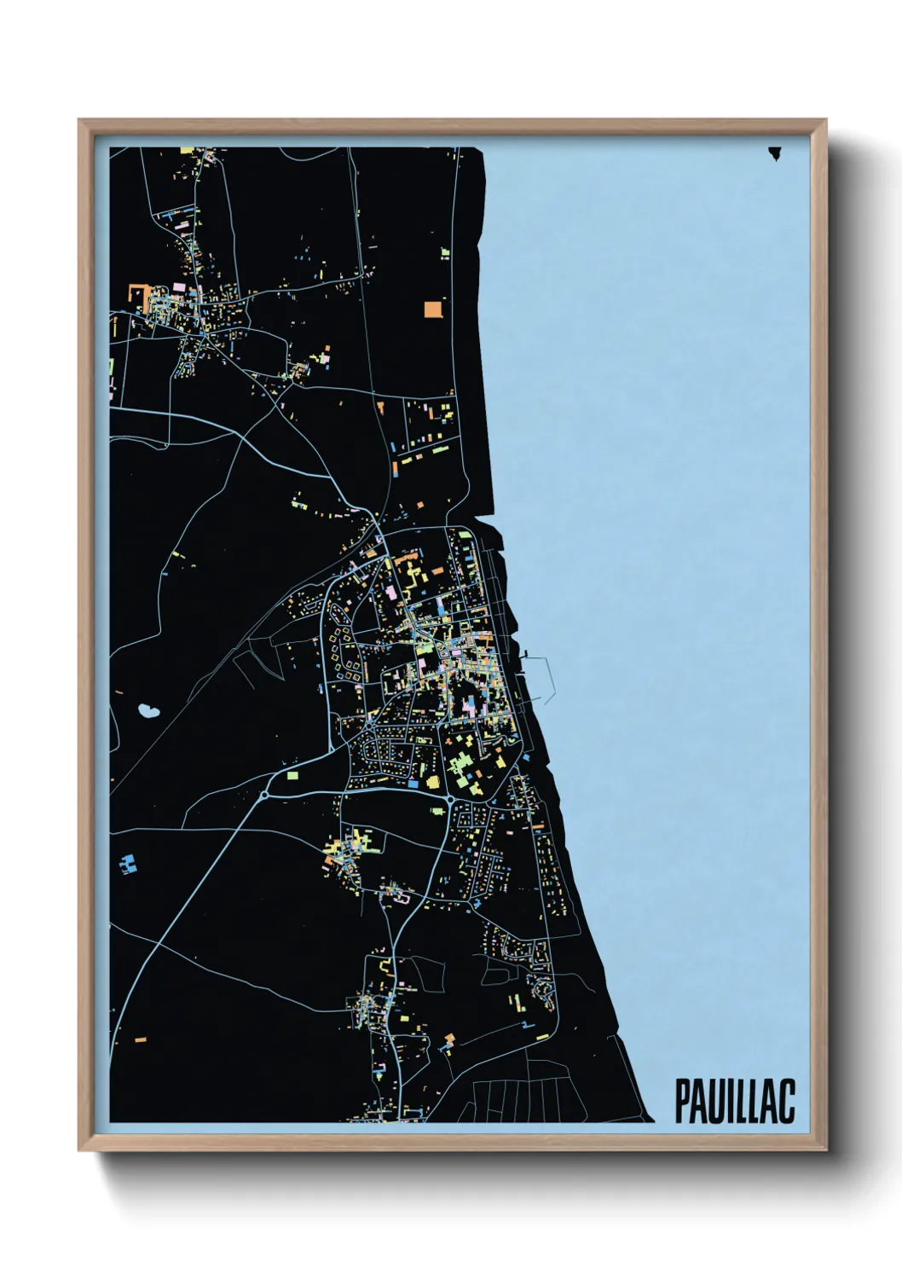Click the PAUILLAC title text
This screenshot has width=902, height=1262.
pos(734,1101)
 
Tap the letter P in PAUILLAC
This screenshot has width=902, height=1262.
pos(682,1101)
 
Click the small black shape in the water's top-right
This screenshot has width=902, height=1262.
pos(774,153)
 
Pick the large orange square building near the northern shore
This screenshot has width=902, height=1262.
pos(433,309)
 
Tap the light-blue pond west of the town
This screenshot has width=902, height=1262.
pos(148,709)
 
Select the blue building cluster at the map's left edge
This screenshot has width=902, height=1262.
pos(128,864)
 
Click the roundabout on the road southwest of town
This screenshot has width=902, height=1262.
pos(264,796)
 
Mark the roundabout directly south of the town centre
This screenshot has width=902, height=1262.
pos(449,800)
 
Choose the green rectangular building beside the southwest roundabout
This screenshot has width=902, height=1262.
pos(293,776)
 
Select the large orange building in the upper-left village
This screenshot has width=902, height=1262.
pos(137,292)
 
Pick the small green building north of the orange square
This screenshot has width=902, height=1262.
pos(444,252)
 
